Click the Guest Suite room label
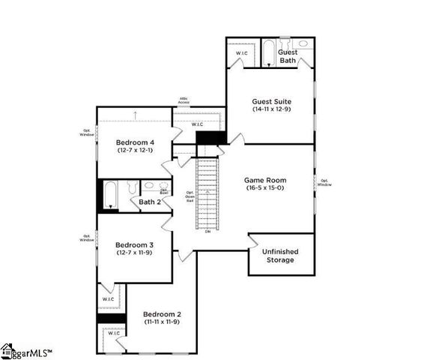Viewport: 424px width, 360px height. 271,100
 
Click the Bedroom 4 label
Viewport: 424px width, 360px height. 136,142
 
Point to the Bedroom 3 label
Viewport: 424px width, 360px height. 135,244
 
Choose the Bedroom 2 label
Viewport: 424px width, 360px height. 163,313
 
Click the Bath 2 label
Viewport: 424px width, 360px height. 150,202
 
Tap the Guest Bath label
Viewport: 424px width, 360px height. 288,56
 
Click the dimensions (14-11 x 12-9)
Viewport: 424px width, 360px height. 271,109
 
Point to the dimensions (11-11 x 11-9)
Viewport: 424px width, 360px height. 163,322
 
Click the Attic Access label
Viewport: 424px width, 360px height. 184,100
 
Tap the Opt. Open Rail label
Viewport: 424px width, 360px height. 190,197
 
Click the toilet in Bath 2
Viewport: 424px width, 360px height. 133,187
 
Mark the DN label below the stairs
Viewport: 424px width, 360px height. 208,231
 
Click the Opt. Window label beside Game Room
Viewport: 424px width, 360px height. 325,182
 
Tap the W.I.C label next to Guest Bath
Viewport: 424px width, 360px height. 242,53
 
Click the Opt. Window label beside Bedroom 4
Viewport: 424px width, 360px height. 87,133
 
